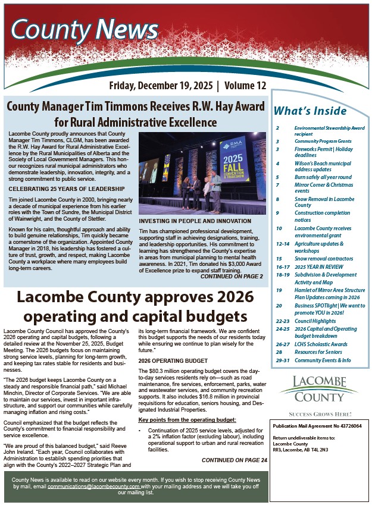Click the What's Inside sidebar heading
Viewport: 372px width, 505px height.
click(310, 111)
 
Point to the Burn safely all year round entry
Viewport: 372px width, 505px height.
click(323, 177)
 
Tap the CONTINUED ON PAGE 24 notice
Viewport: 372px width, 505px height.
click(234, 460)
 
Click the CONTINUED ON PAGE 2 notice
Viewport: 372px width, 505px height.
click(232, 276)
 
